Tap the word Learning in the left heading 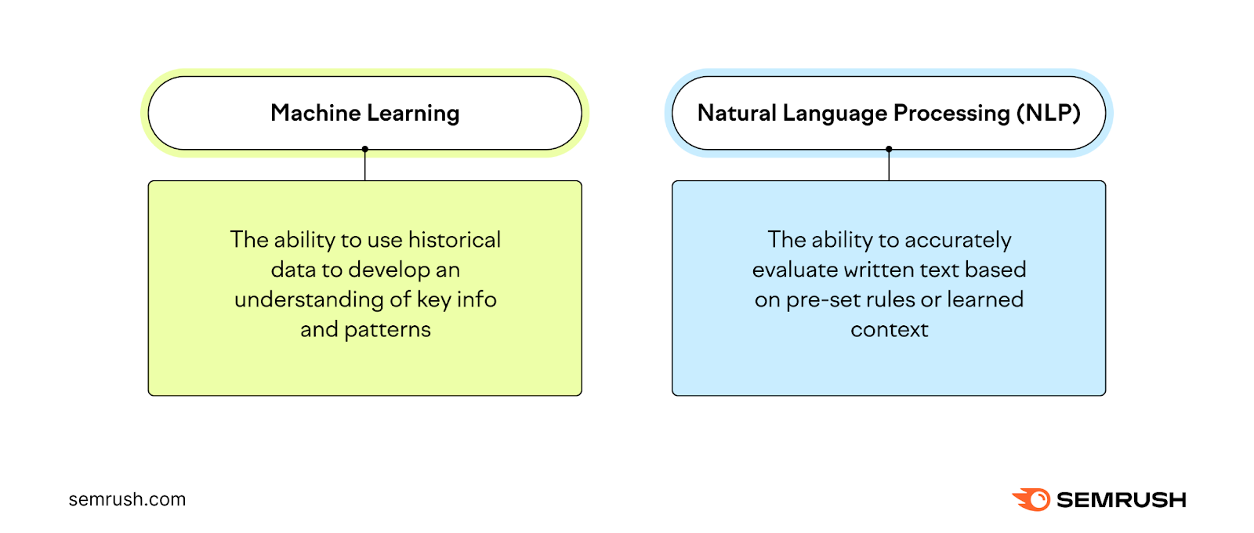(x=413, y=114)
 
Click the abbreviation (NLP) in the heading (x=1048, y=113)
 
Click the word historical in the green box (x=455, y=240)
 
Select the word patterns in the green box (x=387, y=330)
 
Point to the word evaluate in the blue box (x=795, y=270)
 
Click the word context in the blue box (x=889, y=330)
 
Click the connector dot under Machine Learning (x=365, y=149)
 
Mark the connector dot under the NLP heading (x=889, y=149)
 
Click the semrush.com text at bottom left (x=127, y=499)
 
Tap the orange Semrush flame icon (x=1032, y=499)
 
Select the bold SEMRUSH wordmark (x=1121, y=500)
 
